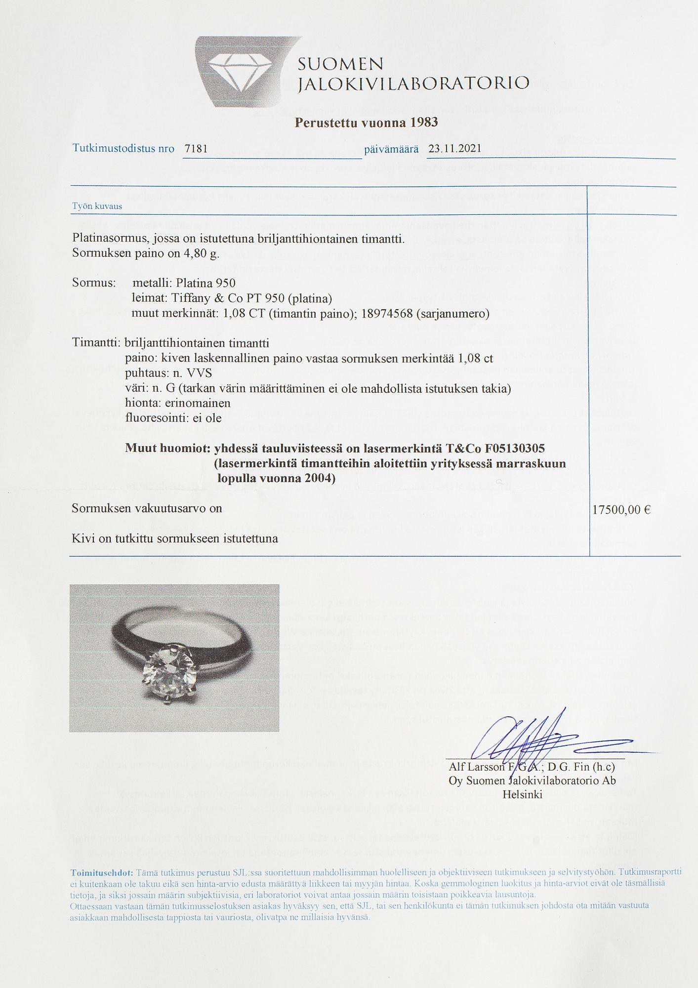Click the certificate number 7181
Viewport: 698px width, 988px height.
[196, 149]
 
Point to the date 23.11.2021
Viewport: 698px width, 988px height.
[454, 149]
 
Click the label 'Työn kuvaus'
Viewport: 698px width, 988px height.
[97, 206]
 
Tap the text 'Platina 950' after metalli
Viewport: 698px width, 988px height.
[205, 283]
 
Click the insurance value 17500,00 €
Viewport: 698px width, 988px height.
[621, 510]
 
